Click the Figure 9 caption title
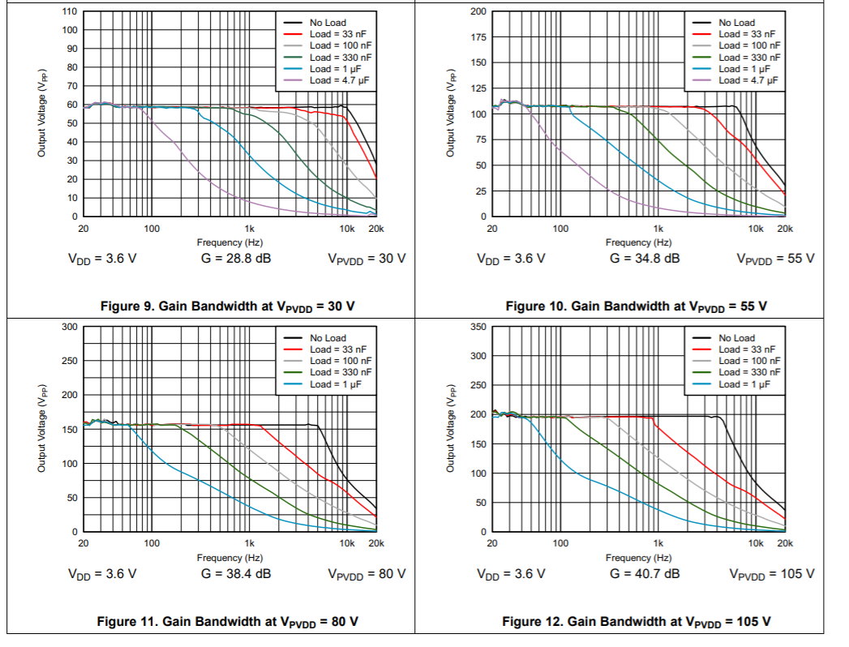tap(228, 306)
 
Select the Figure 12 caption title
tap(637, 621)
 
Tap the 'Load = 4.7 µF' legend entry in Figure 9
tap(341, 80)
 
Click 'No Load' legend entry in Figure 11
tap(328, 338)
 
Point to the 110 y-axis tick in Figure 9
tap(70, 12)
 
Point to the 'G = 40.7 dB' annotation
tap(645, 574)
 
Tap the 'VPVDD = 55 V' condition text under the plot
tap(775, 259)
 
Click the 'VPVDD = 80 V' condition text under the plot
tap(367, 574)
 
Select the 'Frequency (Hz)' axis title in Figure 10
tap(638, 242)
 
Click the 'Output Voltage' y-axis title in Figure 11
tap(41, 429)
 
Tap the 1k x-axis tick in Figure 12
tap(658, 544)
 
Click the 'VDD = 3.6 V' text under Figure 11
tap(102, 574)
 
